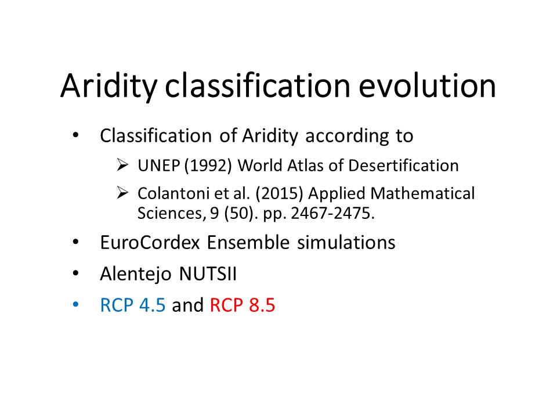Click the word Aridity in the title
click(108, 87)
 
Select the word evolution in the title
click(428, 86)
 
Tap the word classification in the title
click(258, 86)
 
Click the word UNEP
click(158, 165)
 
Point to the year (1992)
click(208, 166)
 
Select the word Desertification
click(404, 165)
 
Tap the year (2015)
click(279, 194)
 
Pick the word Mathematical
click(422, 194)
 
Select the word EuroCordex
click(150, 243)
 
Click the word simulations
click(346, 243)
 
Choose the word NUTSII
click(208, 274)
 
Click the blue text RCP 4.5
click(133, 305)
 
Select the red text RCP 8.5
click(243, 305)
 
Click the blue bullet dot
click(75, 305)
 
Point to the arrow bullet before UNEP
click(122, 165)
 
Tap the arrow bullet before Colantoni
click(122, 193)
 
